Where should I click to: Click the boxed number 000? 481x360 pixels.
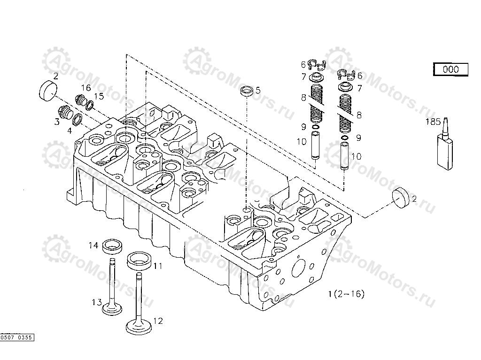450,69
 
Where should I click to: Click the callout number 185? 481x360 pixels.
433,122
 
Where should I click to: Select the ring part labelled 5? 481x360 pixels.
248,91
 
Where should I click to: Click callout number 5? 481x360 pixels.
258,89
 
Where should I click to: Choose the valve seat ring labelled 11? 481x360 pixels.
140,260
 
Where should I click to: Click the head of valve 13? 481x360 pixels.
113,309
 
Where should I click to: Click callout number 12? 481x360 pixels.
158,321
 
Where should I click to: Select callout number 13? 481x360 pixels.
97,302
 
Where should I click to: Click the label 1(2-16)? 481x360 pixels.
346,294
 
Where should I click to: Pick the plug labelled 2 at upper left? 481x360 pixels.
47,90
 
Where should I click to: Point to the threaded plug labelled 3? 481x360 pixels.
65,114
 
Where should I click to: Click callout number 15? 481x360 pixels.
99,96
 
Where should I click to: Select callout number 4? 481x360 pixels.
70,130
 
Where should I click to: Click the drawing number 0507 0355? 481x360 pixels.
17,337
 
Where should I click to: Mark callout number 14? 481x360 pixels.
94,245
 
